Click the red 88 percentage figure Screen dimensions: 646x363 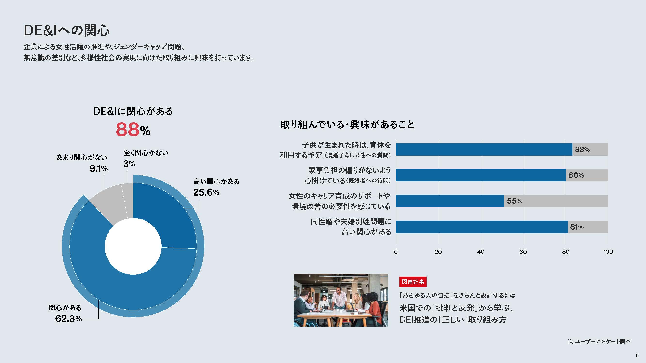127,129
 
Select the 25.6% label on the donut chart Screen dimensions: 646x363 206,192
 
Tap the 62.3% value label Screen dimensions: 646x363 68,319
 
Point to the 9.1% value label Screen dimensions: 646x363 99,168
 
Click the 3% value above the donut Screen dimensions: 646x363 129,164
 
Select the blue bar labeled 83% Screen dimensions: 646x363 484,150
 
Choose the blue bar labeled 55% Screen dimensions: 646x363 450,201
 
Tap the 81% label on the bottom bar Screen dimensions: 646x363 577,227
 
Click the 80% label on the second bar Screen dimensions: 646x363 576,175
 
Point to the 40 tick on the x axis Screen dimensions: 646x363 481,252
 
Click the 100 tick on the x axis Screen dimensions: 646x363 608,252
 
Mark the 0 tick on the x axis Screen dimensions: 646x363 396,252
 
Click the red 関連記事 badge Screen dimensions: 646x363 413,282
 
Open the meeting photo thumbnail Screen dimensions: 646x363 341,300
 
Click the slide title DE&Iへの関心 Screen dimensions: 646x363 67,30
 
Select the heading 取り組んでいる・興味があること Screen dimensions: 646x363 347,124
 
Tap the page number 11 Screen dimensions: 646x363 637,356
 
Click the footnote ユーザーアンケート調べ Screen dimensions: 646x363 602,341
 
